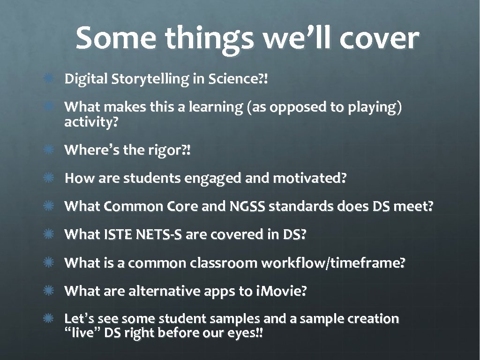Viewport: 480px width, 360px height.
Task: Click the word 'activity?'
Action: tap(91, 123)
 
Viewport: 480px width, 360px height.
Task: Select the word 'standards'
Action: tap(300, 207)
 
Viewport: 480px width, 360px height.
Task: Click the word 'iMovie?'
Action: tap(281, 291)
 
